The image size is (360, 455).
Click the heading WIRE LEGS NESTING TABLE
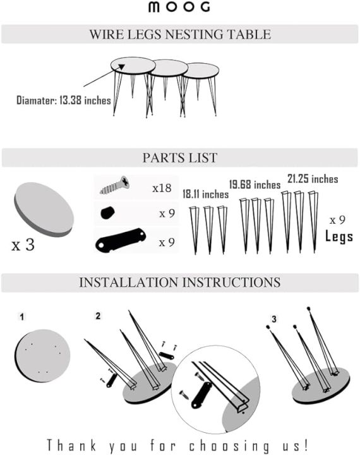coord(180,34)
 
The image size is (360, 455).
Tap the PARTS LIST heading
coord(180,157)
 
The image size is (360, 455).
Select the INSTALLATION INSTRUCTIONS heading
coord(180,282)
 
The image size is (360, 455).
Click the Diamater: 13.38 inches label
coord(63,100)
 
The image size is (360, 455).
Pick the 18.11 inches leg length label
coord(205,193)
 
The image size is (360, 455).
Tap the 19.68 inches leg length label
coord(255,185)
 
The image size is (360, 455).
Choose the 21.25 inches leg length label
coord(312,179)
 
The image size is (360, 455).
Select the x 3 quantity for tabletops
coord(23,245)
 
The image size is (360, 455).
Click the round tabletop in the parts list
coord(44,209)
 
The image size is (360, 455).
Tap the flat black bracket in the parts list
coord(120,240)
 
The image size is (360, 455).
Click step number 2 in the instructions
coord(97,315)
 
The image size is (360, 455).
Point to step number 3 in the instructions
coord(274,320)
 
